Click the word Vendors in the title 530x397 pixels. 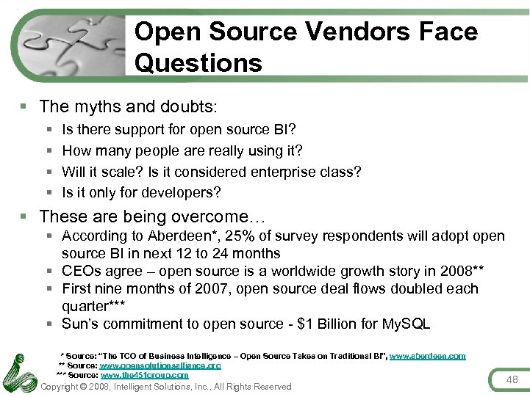tap(348, 32)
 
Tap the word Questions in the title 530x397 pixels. tap(198, 63)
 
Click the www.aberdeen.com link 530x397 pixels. tap(427, 356)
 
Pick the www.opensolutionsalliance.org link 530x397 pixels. tap(160, 365)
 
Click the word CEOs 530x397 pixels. tap(82, 271)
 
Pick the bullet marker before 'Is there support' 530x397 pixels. tap(48, 130)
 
